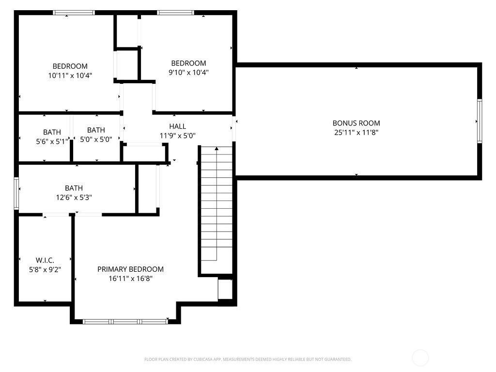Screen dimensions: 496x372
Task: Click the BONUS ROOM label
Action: [x=356, y=123]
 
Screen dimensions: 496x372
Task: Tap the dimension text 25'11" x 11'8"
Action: [x=356, y=132]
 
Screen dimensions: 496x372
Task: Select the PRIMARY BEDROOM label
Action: [x=130, y=269]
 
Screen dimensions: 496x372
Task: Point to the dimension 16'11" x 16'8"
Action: [x=130, y=279]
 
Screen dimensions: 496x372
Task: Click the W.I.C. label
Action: [x=45, y=260]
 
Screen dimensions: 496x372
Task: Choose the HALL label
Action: [x=177, y=126]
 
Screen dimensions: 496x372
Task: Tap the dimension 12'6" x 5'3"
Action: [x=74, y=198]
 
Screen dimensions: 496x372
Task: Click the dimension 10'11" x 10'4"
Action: [x=70, y=76]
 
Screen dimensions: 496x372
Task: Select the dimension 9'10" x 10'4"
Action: [x=188, y=73]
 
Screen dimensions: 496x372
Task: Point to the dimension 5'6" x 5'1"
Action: [x=52, y=141]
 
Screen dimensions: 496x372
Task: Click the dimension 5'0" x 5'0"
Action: [x=96, y=139]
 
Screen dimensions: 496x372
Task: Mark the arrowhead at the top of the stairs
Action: [x=217, y=148]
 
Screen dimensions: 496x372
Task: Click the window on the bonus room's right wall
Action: [x=480, y=121]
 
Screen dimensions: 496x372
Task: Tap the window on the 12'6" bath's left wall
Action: [x=16, y=193]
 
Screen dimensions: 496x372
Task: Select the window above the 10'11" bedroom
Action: [x=74, y=13]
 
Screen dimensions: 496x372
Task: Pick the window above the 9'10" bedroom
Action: [x=175, y=13]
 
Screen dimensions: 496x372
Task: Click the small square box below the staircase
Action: [x=225, y=289]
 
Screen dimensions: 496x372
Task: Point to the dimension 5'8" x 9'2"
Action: [x=45, y=269]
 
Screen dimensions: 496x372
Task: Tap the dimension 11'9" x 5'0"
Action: [x=177, y=136]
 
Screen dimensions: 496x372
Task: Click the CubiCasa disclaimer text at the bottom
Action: [x=248, y=359]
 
